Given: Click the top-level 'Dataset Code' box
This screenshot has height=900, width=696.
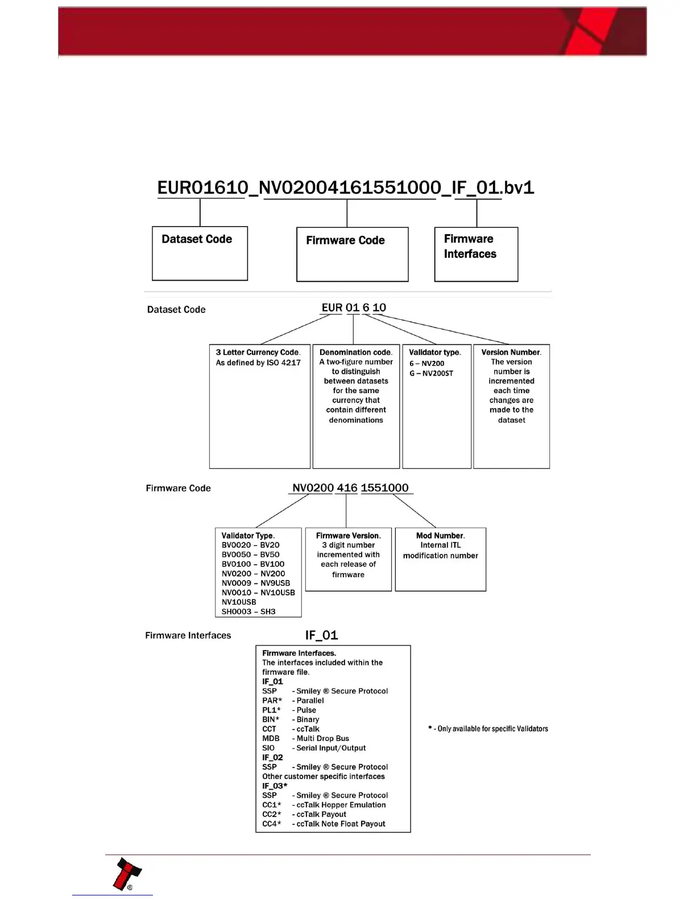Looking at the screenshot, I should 200,253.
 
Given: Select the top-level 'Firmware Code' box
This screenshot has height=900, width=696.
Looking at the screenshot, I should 352,254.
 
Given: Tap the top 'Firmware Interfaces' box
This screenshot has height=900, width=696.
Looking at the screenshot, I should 476,254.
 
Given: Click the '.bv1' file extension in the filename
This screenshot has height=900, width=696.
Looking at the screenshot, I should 518,188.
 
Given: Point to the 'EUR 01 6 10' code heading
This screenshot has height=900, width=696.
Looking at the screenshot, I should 354,307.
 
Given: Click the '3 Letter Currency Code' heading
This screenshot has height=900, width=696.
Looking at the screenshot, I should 258,352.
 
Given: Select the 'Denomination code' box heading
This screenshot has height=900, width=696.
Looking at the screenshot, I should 356,352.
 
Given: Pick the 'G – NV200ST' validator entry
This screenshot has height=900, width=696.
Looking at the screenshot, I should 431,373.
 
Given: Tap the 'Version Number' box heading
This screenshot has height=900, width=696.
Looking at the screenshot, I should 511,352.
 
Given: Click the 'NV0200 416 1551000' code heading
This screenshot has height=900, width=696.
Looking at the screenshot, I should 350,488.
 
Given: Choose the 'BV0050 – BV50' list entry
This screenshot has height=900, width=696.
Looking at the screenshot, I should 250,555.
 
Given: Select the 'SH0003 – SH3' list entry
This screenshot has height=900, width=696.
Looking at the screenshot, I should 248,611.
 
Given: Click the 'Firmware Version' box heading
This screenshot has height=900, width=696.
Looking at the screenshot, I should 348,535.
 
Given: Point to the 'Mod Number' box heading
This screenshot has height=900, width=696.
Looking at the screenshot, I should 440,535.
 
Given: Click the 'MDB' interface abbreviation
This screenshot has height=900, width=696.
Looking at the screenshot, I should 271,738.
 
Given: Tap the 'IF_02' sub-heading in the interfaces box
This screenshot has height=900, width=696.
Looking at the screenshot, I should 272,757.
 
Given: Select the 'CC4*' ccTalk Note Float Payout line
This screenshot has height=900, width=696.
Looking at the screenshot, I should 324,823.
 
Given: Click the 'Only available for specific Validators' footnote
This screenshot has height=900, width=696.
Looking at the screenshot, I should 488,728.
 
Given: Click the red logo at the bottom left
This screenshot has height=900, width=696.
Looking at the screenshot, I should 127,874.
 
